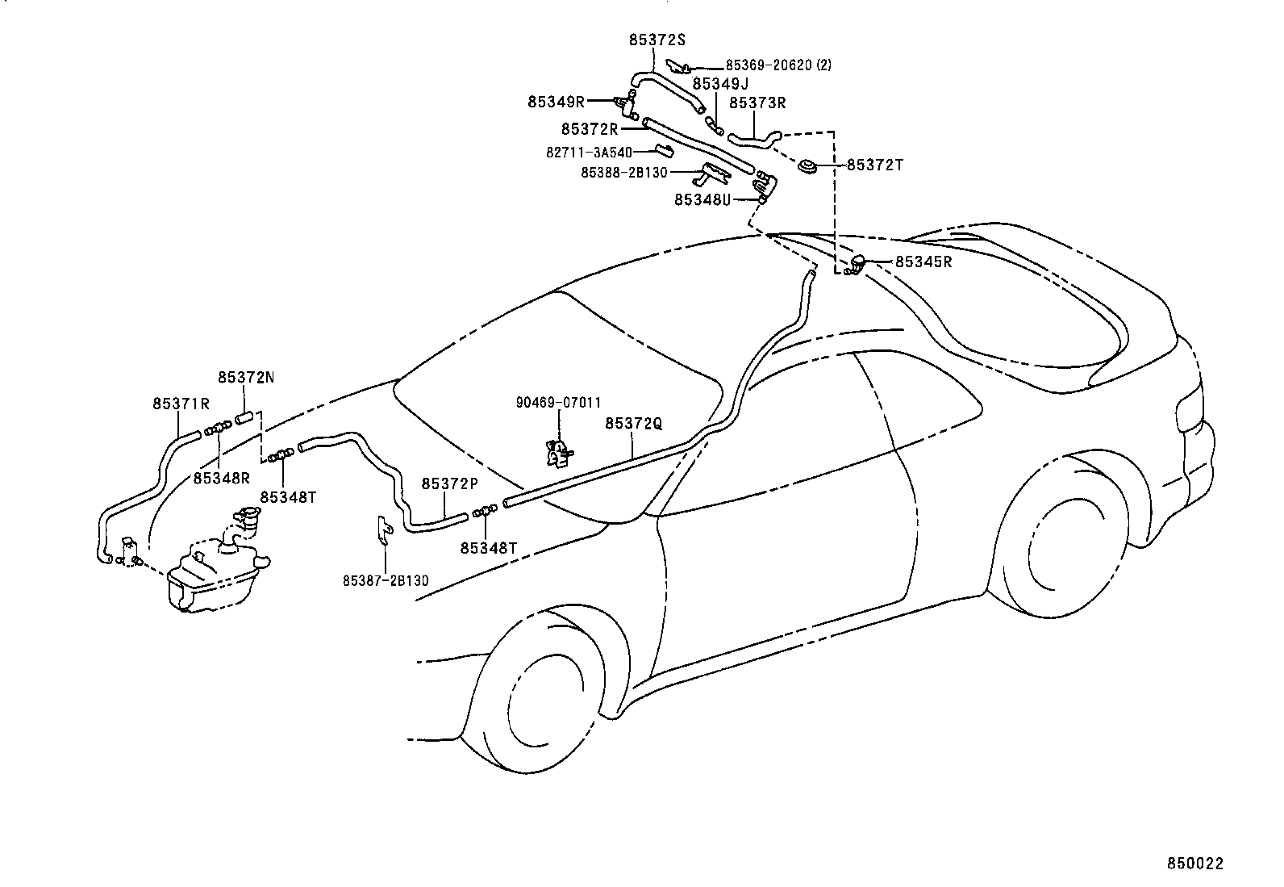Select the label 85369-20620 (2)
point(778,65)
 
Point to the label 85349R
point(556,102)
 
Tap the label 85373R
point(757,103)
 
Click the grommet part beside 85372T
point(807,167)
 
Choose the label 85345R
point(923,261)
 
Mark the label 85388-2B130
point(623,172)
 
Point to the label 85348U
point(702,199)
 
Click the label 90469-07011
point(559,402)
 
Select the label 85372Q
point(633,423)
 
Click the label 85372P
point(449,483)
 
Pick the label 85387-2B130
point(386,579)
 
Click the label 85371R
point(181,403)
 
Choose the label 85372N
point(245,377)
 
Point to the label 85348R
point(221,477)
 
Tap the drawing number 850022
point(1195,863)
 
